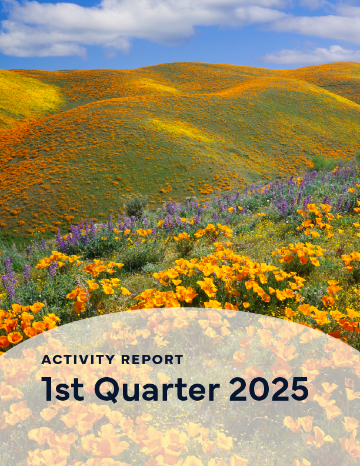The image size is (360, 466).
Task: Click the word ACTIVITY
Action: [x=78, y=360]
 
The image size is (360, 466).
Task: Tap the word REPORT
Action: [x=152, y=360]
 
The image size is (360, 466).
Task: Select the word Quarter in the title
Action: [x=157, y=390]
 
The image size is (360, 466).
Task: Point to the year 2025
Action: [x=269, y=389]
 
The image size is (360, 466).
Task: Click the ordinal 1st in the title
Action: [x=62, y=389]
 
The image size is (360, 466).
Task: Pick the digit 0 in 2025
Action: [x=259, y=389]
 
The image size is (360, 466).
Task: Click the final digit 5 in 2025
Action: [x=299, y=390]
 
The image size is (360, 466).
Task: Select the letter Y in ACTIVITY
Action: [x=110, y=360]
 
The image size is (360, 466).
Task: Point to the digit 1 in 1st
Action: [x=48, y=389]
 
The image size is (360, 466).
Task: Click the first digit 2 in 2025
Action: [x=238, y=389]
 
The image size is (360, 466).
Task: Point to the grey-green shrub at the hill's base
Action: [x=136, y=206]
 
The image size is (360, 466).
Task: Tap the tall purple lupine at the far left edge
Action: [x=9, y=279]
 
